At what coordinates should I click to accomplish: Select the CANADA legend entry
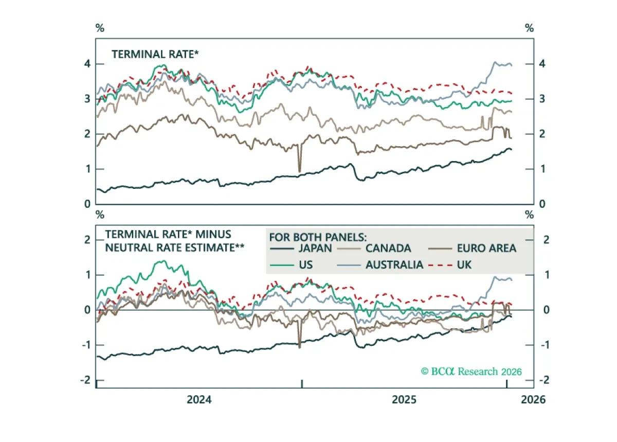point(374,249)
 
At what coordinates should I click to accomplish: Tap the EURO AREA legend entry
point(472,249)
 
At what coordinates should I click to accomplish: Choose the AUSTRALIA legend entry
point(380,265)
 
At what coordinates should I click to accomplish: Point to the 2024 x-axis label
point(199,400)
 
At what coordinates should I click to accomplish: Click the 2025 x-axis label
point(404,400)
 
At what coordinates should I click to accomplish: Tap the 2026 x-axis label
point(533,400)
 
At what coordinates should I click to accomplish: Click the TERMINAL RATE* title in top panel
point(155,55)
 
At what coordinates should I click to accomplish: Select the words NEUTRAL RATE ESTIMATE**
point(175,248)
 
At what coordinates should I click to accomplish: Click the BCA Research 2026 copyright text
point(471,372)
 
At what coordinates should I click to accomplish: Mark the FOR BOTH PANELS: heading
point(318,237)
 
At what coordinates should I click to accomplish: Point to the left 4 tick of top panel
point(87,64)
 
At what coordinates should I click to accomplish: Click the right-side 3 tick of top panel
point(542,99)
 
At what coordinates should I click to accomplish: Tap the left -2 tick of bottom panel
point(85,380)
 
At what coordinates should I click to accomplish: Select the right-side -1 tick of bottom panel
point(544,345)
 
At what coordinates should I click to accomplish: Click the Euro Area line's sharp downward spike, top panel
point(300,171)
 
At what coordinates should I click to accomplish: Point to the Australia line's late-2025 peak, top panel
point(495,62)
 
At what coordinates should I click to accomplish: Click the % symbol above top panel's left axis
point(100,28)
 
